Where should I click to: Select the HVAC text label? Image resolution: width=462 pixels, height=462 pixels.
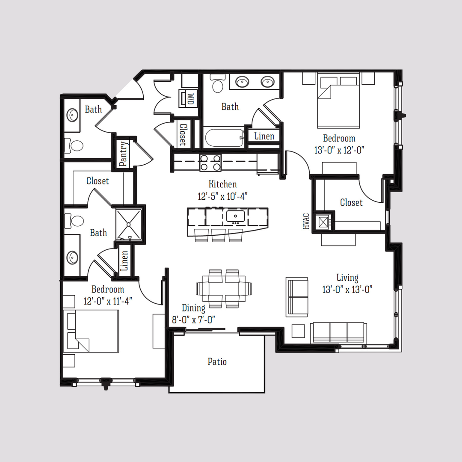point(306,221)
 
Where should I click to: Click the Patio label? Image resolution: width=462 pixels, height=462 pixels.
point(217,362)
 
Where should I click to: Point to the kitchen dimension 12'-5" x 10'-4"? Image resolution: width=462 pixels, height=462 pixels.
point(223,196)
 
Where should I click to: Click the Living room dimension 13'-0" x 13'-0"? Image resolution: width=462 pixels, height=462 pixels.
point(347,290)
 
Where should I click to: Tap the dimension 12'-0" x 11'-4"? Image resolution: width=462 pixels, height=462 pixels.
point(108,301)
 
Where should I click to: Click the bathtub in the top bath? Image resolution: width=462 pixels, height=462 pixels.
point(223,138)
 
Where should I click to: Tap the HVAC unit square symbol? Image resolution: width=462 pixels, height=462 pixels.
point(322,222)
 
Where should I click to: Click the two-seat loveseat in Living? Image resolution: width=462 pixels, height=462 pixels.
point(297,297)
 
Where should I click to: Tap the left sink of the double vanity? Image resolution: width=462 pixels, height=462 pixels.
point(243,81)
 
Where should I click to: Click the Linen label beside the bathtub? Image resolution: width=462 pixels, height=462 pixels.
point(264,136)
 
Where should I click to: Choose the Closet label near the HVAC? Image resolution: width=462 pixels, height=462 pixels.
point(351,202)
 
